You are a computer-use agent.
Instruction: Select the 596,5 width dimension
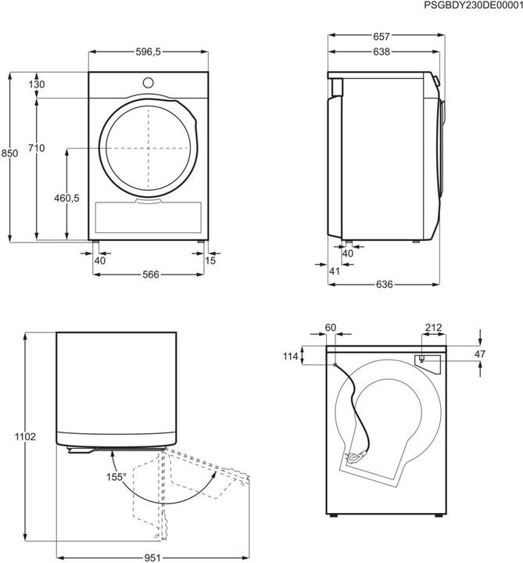pos(148,52)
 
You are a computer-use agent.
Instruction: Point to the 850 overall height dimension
pos(9,155)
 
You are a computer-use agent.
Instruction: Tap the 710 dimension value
pos(37,148)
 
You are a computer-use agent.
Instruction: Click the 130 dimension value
pos(37,85)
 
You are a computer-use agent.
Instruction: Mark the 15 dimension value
pos(210,261)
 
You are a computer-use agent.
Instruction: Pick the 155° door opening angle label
pos(117,475)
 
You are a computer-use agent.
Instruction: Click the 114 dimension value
pos(292,357)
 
